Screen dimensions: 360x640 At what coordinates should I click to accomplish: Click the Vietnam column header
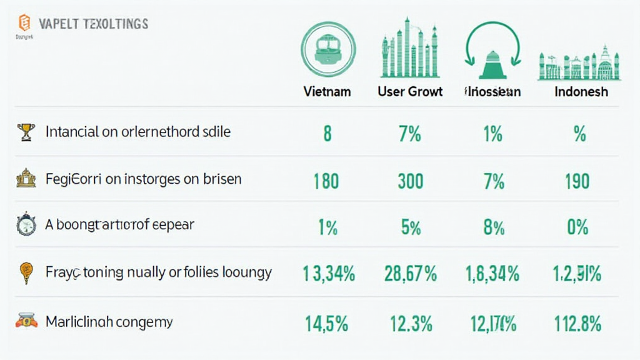(327, 91)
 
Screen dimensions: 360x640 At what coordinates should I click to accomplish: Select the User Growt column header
(410, 91)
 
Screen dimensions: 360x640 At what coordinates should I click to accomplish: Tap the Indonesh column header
(581, 91)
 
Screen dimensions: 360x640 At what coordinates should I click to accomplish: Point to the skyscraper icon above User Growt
(410, 49)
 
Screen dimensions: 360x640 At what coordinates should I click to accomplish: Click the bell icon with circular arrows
(492, 50)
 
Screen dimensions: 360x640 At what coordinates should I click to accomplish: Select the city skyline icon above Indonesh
(579, 63)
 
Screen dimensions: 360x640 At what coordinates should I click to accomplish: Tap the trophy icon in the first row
(26, 132)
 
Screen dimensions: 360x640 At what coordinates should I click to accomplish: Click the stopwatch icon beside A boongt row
(26, 225)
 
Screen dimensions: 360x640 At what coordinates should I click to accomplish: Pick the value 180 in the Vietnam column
(326, 181)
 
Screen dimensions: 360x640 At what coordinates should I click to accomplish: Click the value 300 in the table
(411, 181)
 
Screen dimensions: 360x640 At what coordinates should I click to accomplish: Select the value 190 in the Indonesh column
(577, 181)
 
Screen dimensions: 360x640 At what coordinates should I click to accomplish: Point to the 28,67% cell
(411, 273)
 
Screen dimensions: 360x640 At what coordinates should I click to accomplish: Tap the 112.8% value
(577, 323)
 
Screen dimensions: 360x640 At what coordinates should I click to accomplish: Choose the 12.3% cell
(411, 323)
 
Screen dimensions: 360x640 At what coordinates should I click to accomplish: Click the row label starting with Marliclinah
(109, 322)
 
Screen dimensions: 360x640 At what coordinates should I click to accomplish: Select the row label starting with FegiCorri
(143, 179)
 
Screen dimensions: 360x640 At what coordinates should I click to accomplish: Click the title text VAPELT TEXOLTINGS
(93, 24)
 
